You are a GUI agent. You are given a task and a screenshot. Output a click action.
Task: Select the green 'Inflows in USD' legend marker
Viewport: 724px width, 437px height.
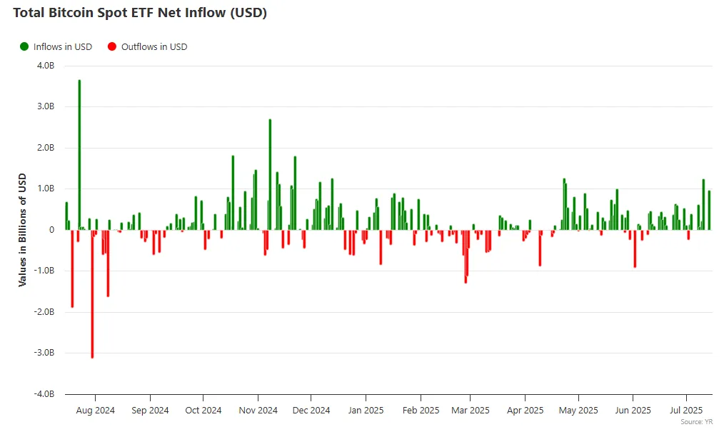pyautogui.click(x=24, y=46)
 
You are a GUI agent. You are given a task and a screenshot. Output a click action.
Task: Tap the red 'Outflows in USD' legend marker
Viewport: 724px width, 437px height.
pyautogui.click(x=111, y=46)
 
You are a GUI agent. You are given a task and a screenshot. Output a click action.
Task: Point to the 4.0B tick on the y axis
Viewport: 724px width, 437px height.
pyautogui.click(x=45, y=66)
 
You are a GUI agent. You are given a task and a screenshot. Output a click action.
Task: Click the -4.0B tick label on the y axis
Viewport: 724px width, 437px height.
pyautogui.click(x=44, y=394)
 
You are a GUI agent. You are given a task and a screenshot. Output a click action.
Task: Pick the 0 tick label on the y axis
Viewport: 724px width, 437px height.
pyautogui.click(x=51, y=230)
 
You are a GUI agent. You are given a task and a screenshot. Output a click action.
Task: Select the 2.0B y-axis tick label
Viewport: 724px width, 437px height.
pyautogui.click(x=45, y=148)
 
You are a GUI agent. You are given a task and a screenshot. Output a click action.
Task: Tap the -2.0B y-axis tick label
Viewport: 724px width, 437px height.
pyautogui.click(x=44, y=312)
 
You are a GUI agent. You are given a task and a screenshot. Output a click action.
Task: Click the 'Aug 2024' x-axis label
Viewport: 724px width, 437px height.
pyautogui.click(x=95, y=411)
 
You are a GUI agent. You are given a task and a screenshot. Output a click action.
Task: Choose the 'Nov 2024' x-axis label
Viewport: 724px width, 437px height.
pyautogui.click(x=258, y=411)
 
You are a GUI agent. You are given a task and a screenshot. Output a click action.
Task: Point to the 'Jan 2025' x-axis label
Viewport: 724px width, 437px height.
pyautogui.click(x=366, y=411)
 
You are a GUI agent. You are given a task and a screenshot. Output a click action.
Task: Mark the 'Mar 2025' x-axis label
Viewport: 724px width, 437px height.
pyautogui.click(x=471, y=411)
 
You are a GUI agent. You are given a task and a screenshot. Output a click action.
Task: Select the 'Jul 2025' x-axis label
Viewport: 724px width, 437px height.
pyautogui.click(x=686, y=411)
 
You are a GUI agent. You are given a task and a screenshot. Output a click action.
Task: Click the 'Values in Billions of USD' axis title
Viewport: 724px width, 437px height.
pyautogui.click(x=22, y=230)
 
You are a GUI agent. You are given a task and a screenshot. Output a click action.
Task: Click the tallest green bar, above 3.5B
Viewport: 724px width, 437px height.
pyautogui.click(x=79, y=154)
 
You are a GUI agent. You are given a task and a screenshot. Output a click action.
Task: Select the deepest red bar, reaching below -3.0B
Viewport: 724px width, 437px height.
pyautogui.click(x=92, y=293)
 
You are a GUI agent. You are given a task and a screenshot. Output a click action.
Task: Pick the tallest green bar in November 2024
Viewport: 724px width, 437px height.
pyautogui.click(x=270, y=174)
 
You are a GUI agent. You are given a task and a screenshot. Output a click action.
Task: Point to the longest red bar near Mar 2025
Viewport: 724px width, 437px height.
pyautogui.click(x=466, y=256)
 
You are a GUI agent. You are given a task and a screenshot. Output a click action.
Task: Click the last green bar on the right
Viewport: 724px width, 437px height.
pyautogui.click(x=709, y=210)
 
